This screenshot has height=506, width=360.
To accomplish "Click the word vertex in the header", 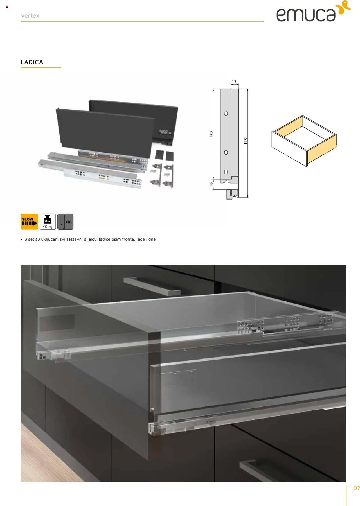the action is pyautogui.click(x=30, y=16).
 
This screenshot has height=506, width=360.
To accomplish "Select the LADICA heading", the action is pyautogui.click(x=32, y=62).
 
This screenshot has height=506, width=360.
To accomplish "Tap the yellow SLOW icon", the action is pyautogui.click(x=29, y=222).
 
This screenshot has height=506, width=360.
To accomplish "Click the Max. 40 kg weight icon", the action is pyautogui.click(x=48, y=222).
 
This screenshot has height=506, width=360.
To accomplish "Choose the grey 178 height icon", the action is pyautogui.click(x=65, y=222).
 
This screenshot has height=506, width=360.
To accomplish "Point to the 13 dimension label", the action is pyautogui.click(x=234, y=82).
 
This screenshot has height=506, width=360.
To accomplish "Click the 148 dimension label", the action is pyautogui.click(x=211, y=134).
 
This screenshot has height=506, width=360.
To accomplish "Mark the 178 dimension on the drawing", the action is pyautogui.click(x=246, y=141).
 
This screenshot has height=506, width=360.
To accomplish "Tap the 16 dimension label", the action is pyautogui.click(x=211, y=184).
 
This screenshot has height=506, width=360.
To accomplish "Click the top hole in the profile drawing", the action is pyautogui.click(x=226, y=113).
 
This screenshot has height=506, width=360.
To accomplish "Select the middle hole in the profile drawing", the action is pyautogui.click(x=226, y=152).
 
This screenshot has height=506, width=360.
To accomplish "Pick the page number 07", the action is pyautogui.click(x=357, y=488).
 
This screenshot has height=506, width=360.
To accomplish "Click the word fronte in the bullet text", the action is pyautogui.click(x=129, y=239).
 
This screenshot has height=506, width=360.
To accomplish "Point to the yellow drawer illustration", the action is pyautogui.click(x=304, y=141).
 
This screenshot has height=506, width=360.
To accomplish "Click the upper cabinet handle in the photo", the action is pyautogui.click(x=152, y=286).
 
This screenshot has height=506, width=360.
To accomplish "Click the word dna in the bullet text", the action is pyautogui.click(x=152, y=239).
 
